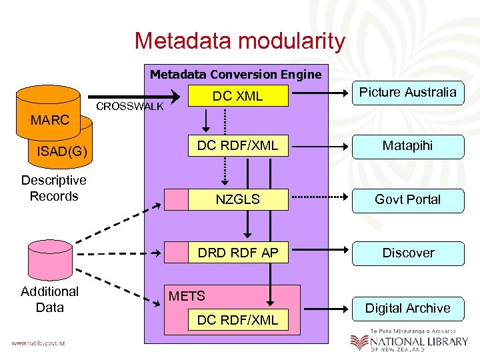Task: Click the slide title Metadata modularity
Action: point(239,41)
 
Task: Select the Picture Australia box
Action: point(407,93)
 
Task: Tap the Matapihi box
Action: point(407,146)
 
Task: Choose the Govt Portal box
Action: point(407,199)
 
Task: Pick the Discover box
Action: point(407,253)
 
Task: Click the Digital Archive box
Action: point(407,308)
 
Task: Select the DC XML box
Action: point(237,96)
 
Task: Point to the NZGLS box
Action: point(237,199)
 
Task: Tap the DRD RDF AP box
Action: point(237,253)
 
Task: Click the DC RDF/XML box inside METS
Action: point(237,320)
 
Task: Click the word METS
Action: point(187,296)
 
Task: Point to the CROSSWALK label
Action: point(130,107)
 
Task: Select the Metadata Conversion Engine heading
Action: point(235,74)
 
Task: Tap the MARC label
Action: point(49,120)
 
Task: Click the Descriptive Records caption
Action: point(53,188)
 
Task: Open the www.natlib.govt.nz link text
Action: point(37,343)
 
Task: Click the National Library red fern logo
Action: point(359,342)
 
